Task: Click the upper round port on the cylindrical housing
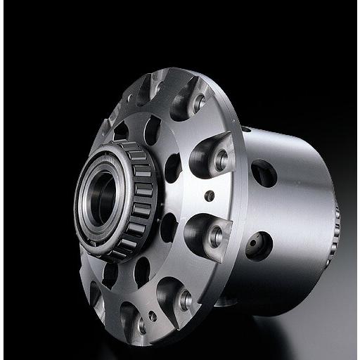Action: (x=264, y=173)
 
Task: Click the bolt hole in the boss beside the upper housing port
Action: (x=221, y=160)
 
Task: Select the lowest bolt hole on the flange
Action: (x=141, y=326)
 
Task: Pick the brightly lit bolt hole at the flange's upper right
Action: (x=199, y=102)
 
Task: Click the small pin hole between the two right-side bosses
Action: (x=210, y=195)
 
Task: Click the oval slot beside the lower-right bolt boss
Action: (x=169, y=226)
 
